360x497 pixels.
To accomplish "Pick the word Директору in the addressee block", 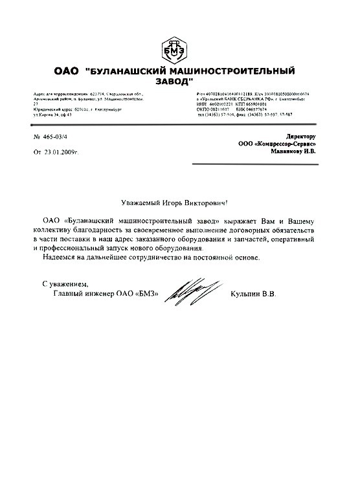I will pyautogui.click(x=300, y=137).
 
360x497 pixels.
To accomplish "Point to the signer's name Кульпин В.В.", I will pyautogui.click(x=253, y=294).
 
